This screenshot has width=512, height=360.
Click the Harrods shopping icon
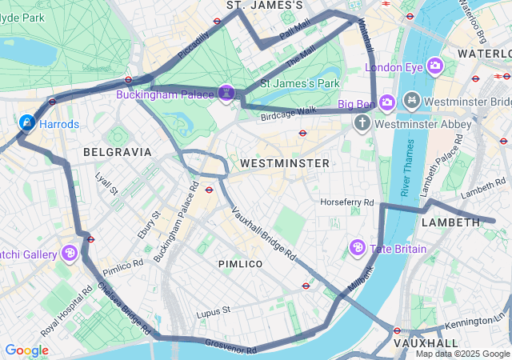pos(27,122)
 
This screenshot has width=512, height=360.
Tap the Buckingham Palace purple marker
pos(227,94)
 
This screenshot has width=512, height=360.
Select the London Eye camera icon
pos(435,66)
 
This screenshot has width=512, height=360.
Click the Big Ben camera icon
pos(387,102)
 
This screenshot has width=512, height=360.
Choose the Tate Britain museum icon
pos(358,248)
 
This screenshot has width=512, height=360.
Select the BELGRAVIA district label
pos(117,151)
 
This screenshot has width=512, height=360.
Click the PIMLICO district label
pos(240,263)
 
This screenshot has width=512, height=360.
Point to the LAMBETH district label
pos(450,222)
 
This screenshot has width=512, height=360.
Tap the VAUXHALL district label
pos(426,342)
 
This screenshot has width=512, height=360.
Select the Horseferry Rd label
pos(347,203)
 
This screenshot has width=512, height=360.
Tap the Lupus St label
pos(213,309)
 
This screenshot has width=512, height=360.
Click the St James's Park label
pos(295,82)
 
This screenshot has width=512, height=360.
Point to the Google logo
pos(26,350)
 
